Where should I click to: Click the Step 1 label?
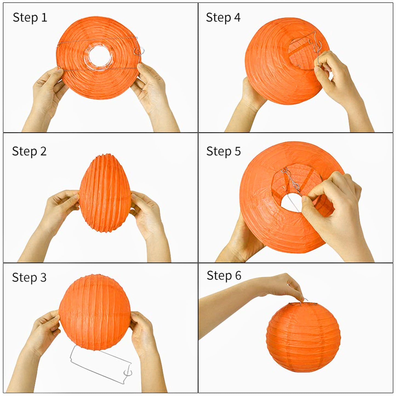pyautogui.click(x=30, y=18)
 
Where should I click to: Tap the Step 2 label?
pyautogui.click(x=29, y=151)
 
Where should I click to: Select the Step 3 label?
pyautogui.click(x=29, y=277)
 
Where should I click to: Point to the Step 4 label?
pyautogui.click(x=223, y=18)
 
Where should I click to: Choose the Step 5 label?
pyautogui.click(x=223, y=151)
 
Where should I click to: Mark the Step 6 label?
pyautogui.click(x=224, y=275)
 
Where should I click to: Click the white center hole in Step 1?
pyautogui.click(x=100, y=57)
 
